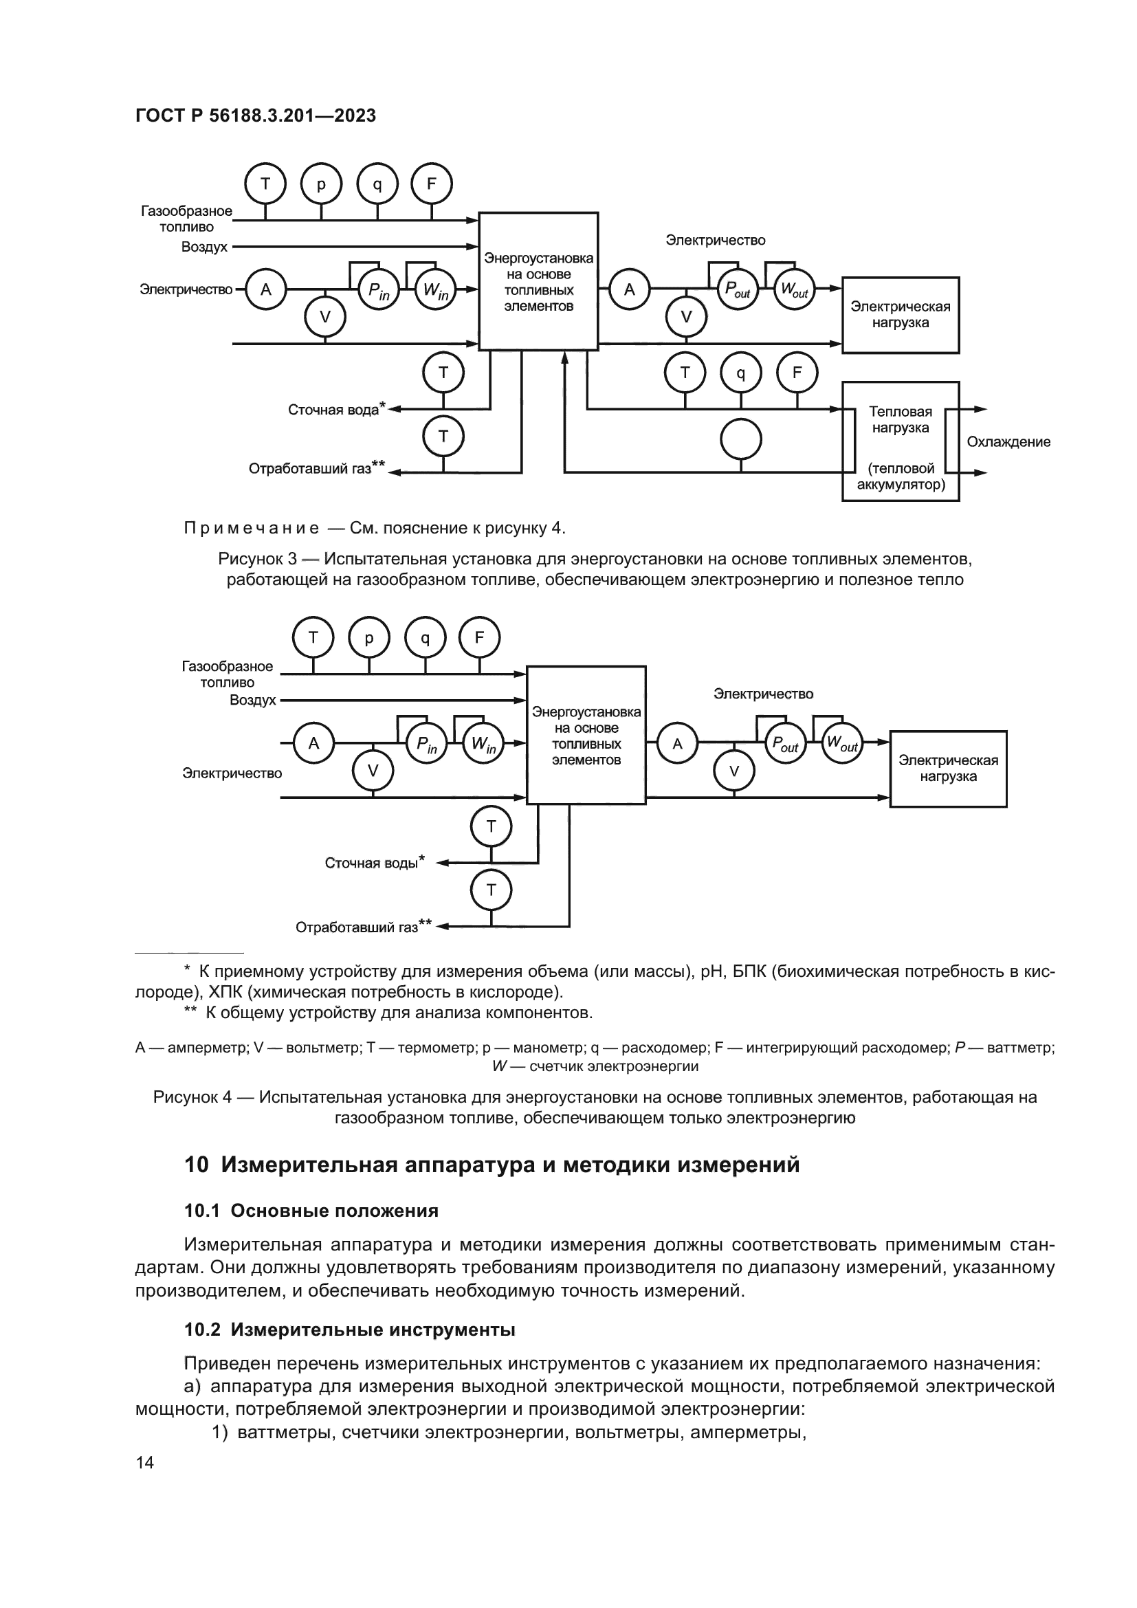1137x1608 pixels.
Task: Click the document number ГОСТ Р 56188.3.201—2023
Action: pos(256,115)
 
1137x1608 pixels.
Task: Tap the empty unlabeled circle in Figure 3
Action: pos(741,440)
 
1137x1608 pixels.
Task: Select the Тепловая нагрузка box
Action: pos(901,441)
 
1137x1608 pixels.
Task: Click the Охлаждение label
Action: pos(1008,442)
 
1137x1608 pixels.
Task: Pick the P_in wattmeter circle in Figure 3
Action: pos(379,289)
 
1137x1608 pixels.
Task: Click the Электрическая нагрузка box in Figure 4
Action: pos(948,769)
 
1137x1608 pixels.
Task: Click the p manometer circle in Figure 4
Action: pos(369,638)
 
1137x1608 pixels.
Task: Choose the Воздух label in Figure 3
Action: pos(204,247)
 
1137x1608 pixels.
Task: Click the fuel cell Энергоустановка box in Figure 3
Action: pos(538,281)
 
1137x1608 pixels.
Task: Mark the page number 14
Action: pos(145,1462)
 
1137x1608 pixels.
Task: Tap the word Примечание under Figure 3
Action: pos(252,528)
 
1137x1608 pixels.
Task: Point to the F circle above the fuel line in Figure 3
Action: pos(431,184)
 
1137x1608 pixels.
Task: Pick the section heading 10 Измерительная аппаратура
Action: pos(492,1165)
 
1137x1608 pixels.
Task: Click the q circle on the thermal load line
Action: pos(741,373)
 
